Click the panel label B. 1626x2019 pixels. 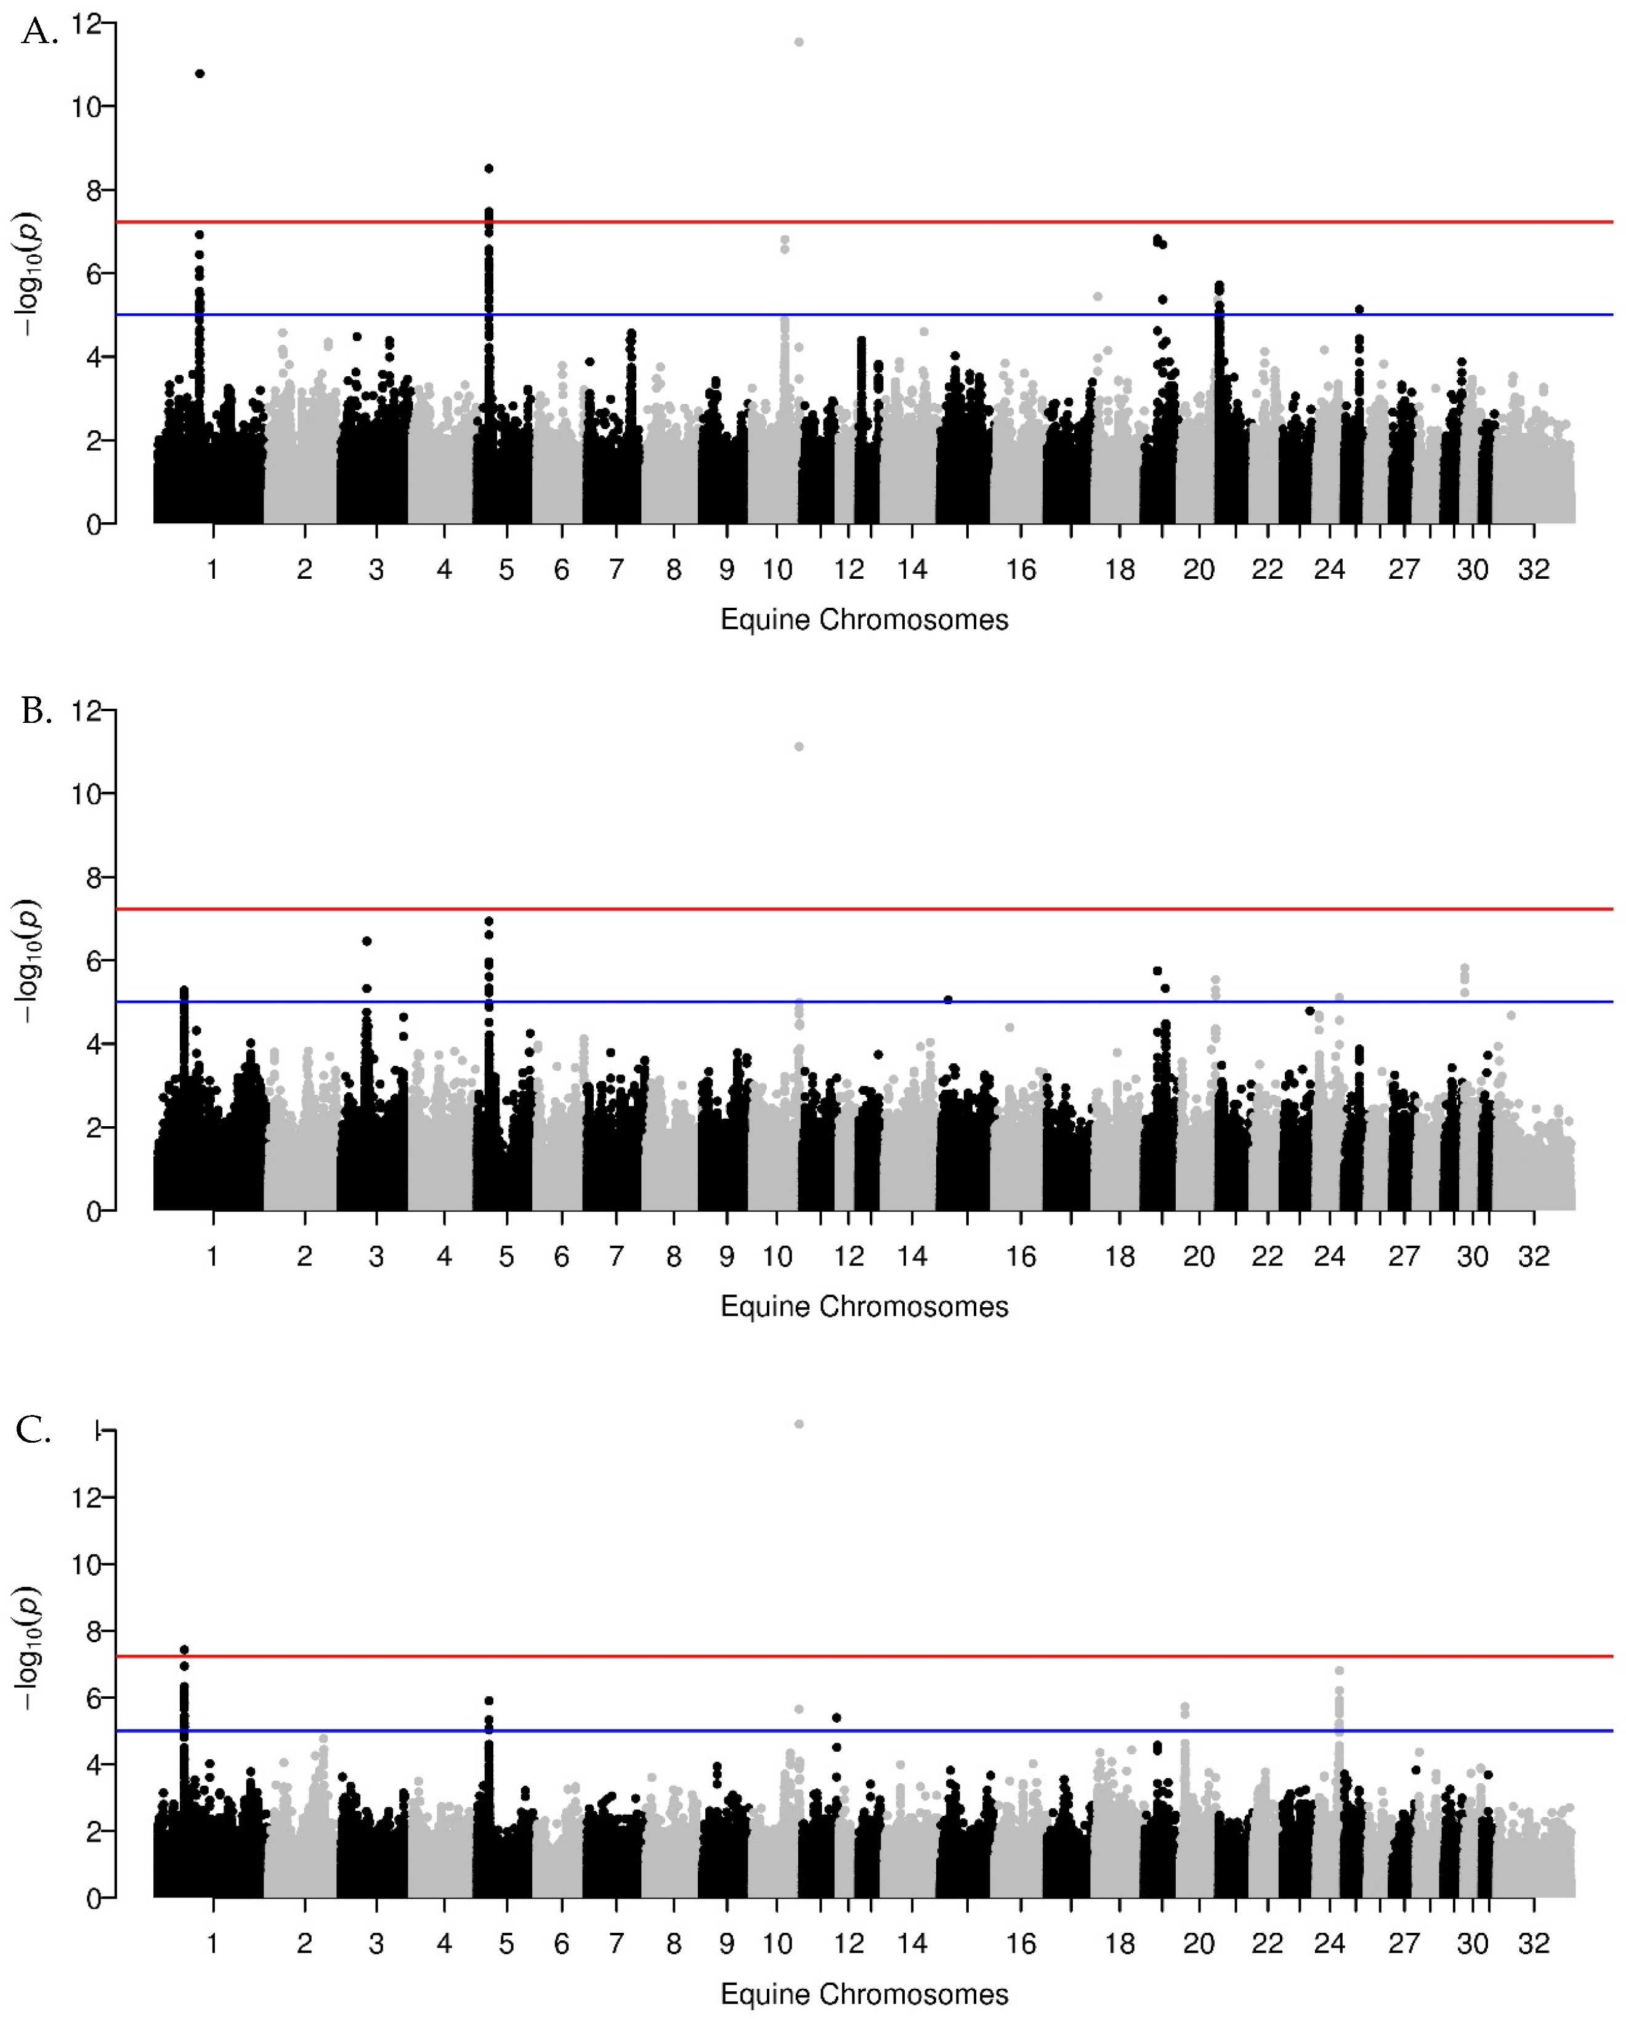coord(36,712)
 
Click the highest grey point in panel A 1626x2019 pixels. coord(799,42)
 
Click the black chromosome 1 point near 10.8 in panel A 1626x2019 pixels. coord(200,74)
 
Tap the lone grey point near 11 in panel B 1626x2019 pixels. coord(799,746)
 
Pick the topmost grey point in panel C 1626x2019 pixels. coord(799,1424)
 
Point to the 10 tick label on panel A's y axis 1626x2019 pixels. coord(86,107)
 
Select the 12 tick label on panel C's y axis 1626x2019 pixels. coord(86,1497)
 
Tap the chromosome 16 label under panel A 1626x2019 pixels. coord(1021,570)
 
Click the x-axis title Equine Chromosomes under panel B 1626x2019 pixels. coord(864,1307)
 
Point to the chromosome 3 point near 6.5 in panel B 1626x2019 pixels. coord(367,941)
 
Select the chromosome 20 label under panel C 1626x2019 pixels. coord(1199,1944)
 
